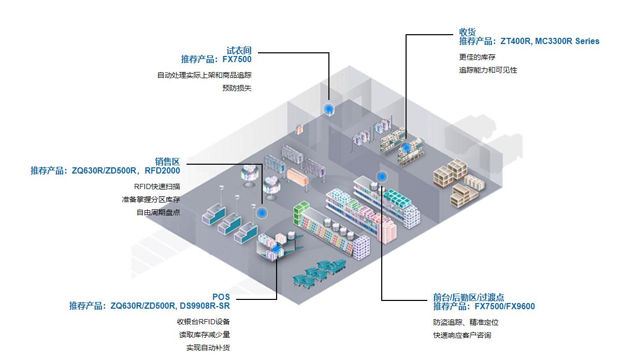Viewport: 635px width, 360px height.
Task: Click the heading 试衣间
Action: pos(239,51)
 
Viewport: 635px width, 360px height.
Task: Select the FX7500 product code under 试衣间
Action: pos(237,59)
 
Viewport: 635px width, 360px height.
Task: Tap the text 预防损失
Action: pos(237,88)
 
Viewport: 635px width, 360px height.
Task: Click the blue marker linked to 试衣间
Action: pos(328,109)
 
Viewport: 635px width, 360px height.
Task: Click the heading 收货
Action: pos(467,32)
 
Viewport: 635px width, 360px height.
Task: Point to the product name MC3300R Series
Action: pos(567,41)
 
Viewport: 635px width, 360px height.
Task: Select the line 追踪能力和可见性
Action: pos(488,70)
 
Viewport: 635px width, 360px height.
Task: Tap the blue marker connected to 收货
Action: pos(407,147)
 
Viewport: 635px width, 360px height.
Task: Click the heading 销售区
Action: pos(167,162)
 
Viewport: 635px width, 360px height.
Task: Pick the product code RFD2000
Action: pos(162,170)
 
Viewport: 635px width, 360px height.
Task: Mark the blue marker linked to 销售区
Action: pos(262,212)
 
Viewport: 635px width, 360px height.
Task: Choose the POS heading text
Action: pos(221,297)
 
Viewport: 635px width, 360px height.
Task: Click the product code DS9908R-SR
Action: pos(205,306)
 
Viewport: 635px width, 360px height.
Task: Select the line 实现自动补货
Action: pos(208,348)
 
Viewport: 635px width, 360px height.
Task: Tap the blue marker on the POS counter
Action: pos(277,250)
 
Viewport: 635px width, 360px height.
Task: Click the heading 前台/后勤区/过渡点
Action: pos(468,297)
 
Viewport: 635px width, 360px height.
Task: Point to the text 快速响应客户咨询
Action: pos(462,335)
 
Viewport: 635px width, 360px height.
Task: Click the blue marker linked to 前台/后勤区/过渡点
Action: pos(382,177)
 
